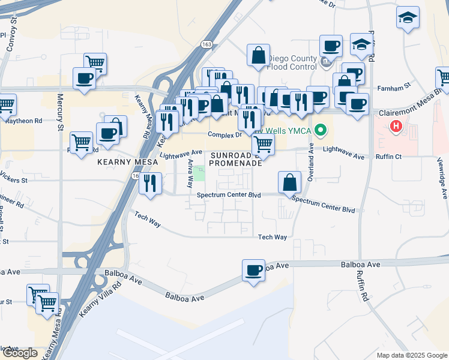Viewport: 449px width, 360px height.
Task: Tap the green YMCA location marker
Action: [321, 129]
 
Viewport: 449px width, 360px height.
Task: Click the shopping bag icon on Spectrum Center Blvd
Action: [289, 182]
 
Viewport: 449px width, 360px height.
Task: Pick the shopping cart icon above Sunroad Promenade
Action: [262, 144]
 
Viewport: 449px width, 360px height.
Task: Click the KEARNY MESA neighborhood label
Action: [124, 162]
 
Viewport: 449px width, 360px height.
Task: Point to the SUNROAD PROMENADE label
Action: [235, 158]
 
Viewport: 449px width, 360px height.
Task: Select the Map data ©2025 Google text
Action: [411, 355]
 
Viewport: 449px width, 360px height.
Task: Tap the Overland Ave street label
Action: [312, 160]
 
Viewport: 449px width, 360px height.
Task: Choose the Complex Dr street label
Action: [224, 134]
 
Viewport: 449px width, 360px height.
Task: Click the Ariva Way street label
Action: [190, 172]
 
